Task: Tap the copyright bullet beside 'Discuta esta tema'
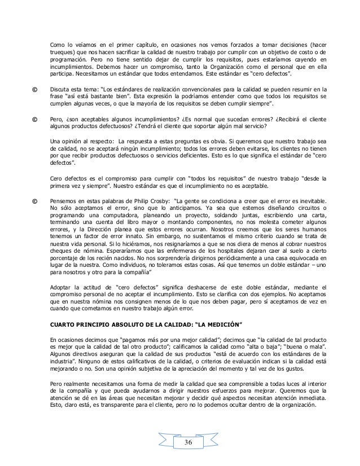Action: pos(35,90)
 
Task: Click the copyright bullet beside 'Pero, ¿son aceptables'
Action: pos(35,120)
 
